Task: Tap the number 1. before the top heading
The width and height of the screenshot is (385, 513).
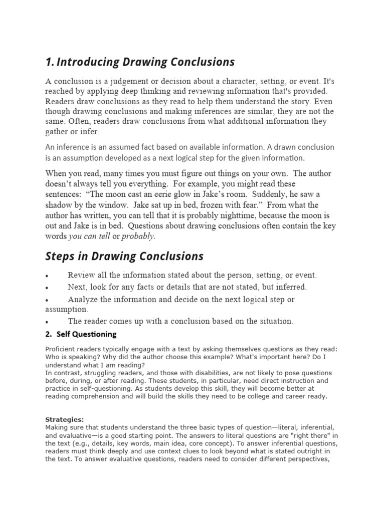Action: (x=49, y=62)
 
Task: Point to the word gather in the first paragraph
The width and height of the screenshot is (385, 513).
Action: (x=58, y=131)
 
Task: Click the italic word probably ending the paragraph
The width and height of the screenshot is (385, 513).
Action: (x=138, y=235)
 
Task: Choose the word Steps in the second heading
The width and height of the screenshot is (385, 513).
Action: (x=60, y=256)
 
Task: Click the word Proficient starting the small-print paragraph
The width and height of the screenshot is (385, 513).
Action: (x=60, y=349)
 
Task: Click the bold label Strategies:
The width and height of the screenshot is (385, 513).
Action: (x=65, y=419)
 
